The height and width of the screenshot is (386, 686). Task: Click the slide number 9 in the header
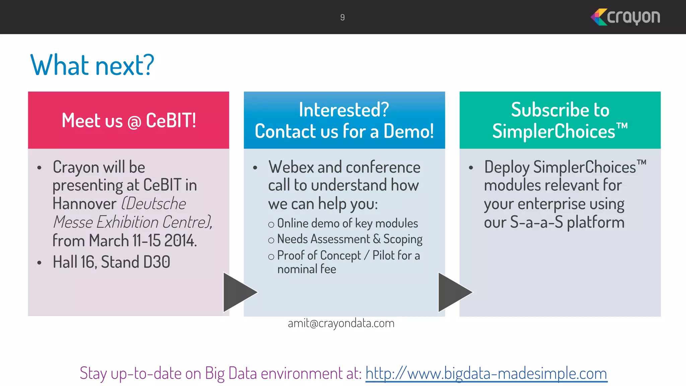coord(342,17)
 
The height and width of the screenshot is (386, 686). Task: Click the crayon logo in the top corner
coord(625,17)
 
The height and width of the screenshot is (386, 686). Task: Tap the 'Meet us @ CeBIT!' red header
coord(129,120)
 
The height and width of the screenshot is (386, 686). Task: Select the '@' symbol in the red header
coord(134,122)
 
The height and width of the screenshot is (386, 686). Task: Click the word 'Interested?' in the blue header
coord(344,110)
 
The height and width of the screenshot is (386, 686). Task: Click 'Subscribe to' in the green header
coord(560,110)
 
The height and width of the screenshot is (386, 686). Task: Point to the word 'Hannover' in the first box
coord(84,204)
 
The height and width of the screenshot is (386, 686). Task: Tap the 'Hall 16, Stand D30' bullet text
coord(111,262)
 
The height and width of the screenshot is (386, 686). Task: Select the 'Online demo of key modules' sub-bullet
coord(347,223)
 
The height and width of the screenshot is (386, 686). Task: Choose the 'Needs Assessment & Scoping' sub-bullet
coord(349,239)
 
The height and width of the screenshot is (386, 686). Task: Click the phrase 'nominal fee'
coord(306,269)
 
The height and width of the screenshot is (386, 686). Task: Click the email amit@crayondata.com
coord(341,323)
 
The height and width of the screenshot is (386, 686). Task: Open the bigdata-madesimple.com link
coord(486,373)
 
